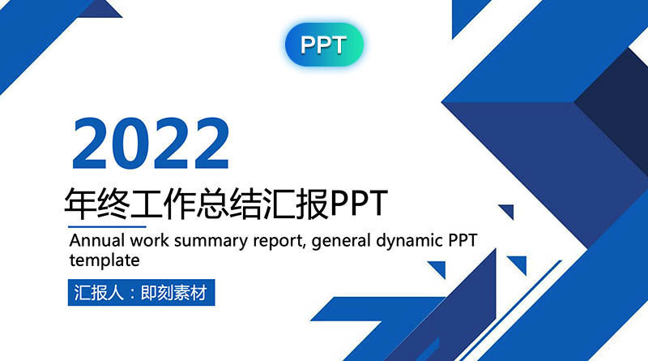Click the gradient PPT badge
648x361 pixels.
pyautogui.click(x=324, y=45)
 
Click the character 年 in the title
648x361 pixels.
pyautogui.click(x=80, y=204)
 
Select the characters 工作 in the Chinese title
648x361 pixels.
pyautogui.click(x=163, y=204)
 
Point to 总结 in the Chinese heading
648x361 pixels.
pyautogui.click(x=228, y=204)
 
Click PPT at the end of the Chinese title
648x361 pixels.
pyautogui.click(x=359, y=204)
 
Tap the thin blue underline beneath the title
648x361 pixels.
pyautogui.click(x=107, y=226)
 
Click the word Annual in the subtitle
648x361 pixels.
pyautogui.click(x=97, y=240)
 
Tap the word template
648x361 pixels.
pyautogui.click(x=104, y=261)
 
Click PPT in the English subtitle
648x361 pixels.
pyautogui.click(x=463, y=240)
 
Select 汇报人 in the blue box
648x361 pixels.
pyautogui.click(x=99, y=293)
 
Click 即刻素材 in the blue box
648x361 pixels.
pyautogui.click(x=174, y=293)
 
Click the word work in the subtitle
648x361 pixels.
pyautogui.click(x=149, y=240)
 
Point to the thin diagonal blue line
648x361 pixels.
pyautogui.click(x=511, y=311)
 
